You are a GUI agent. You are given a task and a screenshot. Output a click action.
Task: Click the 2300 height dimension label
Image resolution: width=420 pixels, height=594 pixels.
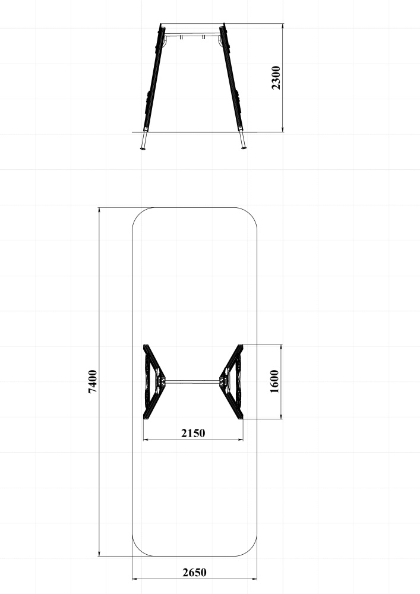276,78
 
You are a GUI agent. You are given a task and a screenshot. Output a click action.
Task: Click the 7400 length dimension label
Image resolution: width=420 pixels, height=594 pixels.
93,381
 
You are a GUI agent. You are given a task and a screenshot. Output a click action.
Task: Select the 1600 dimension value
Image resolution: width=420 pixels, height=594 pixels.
274,381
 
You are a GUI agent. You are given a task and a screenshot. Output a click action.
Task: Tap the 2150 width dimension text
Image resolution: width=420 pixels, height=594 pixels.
193,432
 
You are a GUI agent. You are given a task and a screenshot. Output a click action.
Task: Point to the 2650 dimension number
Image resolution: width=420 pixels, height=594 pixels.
195,572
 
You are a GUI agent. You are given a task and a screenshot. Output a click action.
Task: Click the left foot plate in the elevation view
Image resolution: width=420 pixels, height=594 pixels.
143,148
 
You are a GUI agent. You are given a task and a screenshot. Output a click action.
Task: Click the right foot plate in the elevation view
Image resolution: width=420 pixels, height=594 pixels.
244,148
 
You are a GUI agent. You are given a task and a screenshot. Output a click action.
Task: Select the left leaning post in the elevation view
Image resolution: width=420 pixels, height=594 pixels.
153,78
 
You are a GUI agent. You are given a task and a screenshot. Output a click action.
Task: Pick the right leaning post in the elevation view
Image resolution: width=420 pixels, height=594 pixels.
231,78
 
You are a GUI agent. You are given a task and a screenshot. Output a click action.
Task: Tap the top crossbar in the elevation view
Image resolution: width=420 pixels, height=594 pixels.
192,35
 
